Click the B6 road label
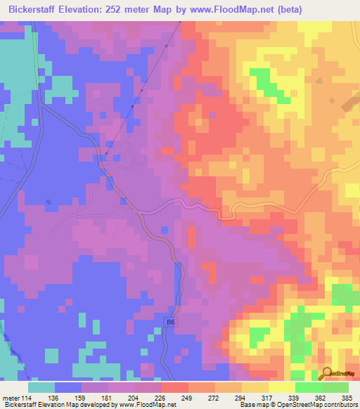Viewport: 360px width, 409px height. tap(169, 322)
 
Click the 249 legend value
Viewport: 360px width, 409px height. tap(187, 397)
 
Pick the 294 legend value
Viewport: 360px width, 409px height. tap(240, 397)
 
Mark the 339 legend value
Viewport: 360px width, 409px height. tap(293, 397)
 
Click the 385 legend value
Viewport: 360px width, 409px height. tap(346, 397)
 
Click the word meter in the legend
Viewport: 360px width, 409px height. tap(11, 397)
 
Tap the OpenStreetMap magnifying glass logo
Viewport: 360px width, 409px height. tap(327, 373)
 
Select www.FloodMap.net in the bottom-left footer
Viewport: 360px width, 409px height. tap(146, 405)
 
